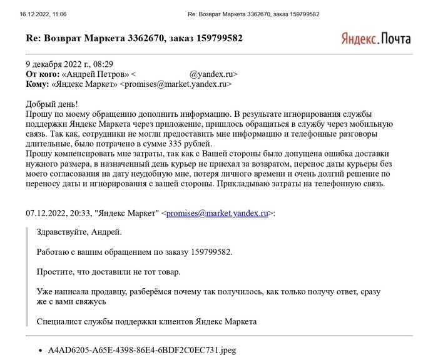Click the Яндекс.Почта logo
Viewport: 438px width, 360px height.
(x=376, y=38)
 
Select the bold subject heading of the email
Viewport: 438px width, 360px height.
(x=133, y=39)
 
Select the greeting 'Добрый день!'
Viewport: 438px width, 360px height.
(x=52, y=104)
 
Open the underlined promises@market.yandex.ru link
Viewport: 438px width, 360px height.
(x=217, y=213)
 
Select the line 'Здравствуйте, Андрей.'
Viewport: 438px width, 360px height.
(x=80, y=232)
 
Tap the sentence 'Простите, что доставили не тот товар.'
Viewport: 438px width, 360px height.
(x=109, y=272)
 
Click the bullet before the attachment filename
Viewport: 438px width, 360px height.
(x=41, y=351)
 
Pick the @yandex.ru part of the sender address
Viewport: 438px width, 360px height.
(x=213, y=74)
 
